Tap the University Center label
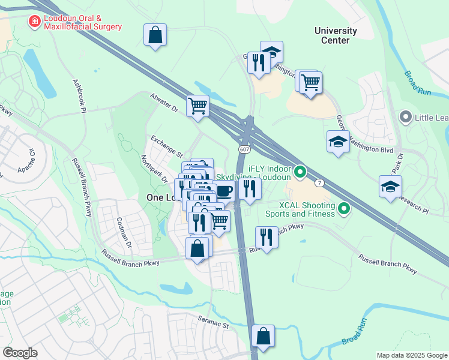pyautogui.click(x=336, y=35)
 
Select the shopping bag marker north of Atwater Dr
pyautogui.click(x=155, y=35)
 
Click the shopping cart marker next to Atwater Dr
pyautogui.click(x=197, y=107)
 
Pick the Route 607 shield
pyautogui.click(x=244, y=149)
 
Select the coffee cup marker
pyautogui.click(x=224, y=191)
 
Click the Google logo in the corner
pyautogui.click(x=20, y=352)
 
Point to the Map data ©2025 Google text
pyautogui.click(x=411, y=355)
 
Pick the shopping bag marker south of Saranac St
pyautogui.click(x=263, y=336)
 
